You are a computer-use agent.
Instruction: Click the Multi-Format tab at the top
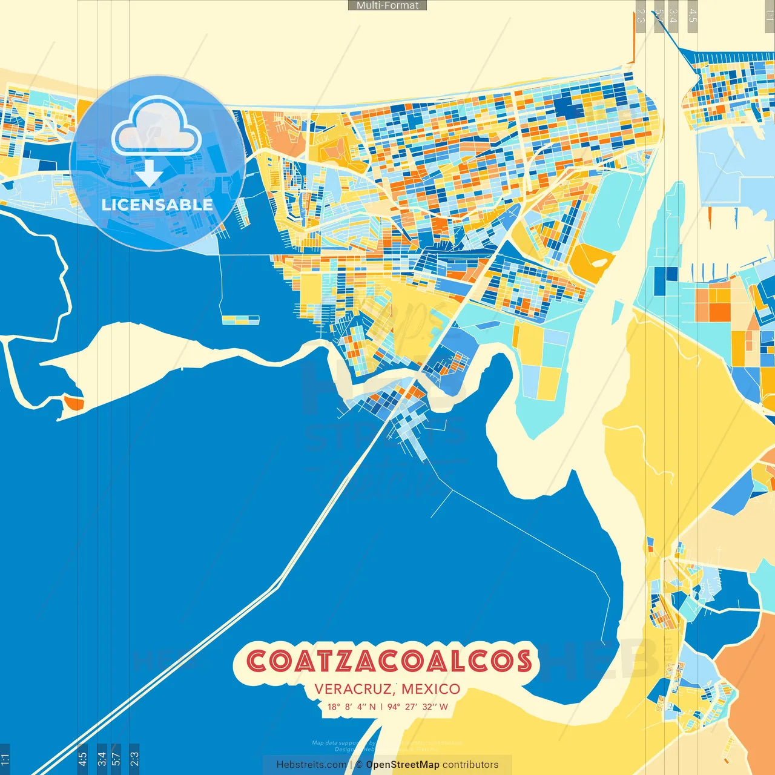tap(387, 5)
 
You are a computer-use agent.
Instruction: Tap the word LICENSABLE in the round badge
tap(157, 205)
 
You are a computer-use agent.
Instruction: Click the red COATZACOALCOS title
tap(389, 662)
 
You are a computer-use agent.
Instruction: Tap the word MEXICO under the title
tap(430, 689)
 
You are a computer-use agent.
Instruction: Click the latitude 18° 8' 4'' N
tap(351, 707)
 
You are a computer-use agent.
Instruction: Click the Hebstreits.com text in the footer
tap(311, 765)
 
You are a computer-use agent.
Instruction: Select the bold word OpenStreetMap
tap(403, 765)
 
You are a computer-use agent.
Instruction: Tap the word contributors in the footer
tap(470, 765)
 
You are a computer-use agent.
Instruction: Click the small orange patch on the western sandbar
tap(74, 403)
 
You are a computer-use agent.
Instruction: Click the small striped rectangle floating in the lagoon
tap(240, 320)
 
